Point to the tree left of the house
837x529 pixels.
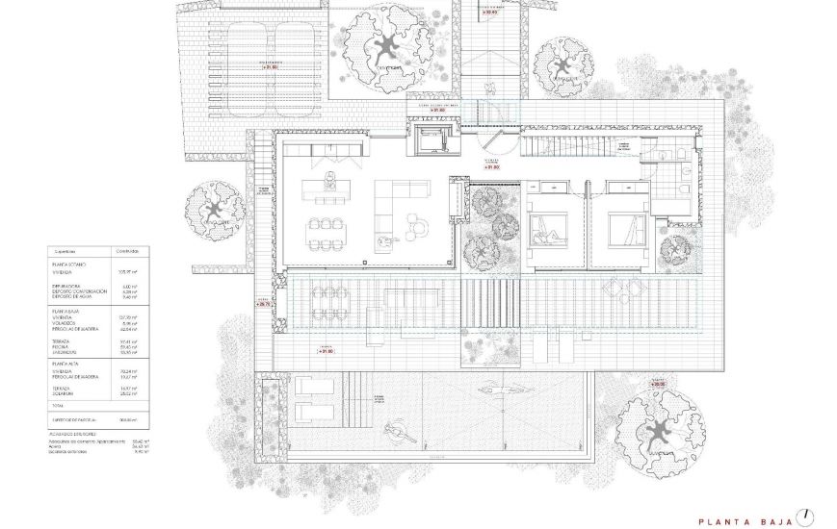pos(214,209)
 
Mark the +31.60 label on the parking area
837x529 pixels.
pos(268,67)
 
